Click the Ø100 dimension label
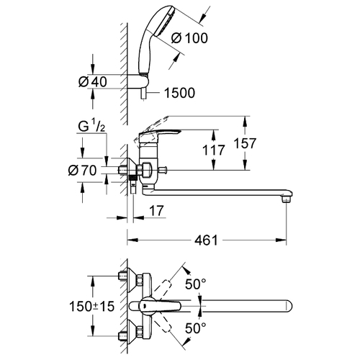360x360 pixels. [189, 38]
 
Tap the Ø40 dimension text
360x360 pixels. [93, 81]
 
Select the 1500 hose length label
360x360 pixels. [179, 93]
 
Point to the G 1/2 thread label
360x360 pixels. [91, 127]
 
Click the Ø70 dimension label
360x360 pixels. [82, 170]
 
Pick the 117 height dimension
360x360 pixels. [214, 150]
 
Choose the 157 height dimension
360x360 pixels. [245, 143]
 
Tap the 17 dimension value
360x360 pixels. [156, 210]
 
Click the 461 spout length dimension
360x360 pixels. [207, 240]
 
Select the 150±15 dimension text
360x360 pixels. [92, 307]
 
